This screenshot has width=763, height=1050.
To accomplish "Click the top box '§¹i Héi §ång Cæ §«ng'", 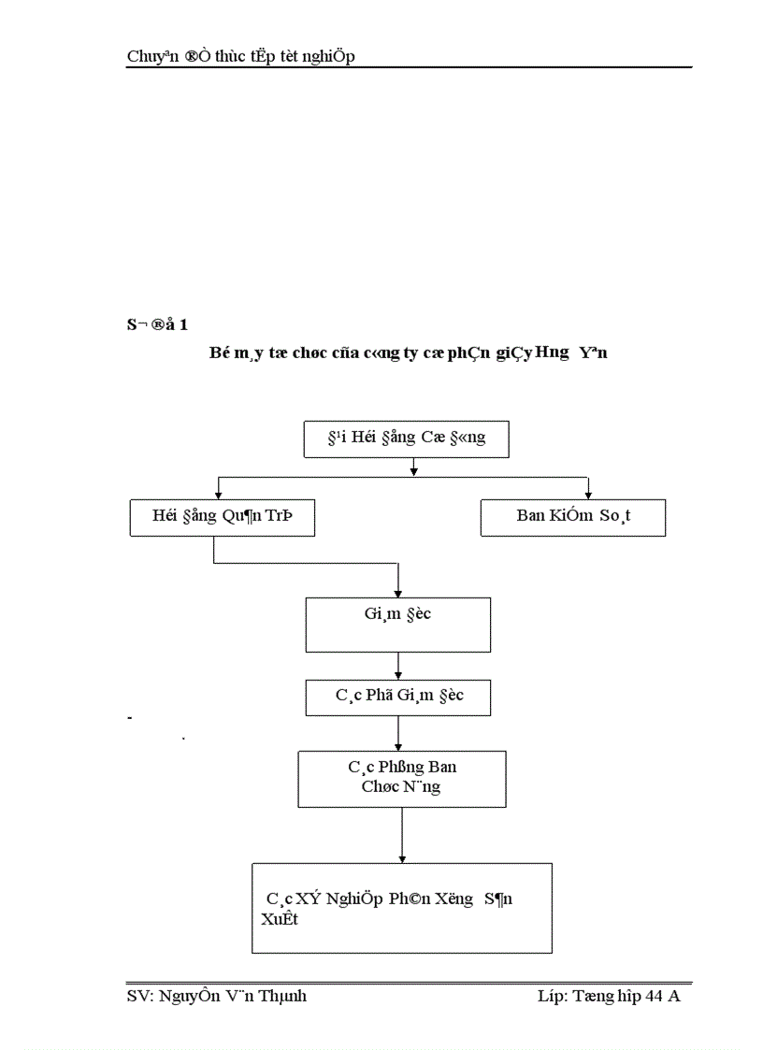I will coord(407,439).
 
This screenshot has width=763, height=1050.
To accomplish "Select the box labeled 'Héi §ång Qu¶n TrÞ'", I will coord(222,517).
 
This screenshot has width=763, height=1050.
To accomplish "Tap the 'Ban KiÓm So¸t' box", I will coord(572,517).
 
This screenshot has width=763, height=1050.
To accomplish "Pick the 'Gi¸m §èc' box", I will coord(398,625).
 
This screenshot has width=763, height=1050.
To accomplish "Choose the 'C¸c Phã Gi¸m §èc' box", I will coord(398,698).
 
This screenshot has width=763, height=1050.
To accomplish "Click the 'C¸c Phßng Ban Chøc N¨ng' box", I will coord(402,778).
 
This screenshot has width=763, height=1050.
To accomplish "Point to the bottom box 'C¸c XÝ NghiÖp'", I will coord(402,908).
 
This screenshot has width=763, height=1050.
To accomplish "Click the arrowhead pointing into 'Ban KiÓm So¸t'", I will coord(588,495).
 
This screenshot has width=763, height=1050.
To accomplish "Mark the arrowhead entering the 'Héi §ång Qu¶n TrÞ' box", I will coord(218,495).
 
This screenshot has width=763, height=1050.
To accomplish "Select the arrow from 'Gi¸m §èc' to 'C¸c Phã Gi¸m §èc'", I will coord(398,666).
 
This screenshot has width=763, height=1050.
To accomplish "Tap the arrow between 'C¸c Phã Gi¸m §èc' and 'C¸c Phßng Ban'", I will coord(398,732).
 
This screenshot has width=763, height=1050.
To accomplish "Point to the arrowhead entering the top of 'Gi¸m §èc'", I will coord(398,592).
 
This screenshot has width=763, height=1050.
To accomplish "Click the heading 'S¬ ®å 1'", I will coord(157,325).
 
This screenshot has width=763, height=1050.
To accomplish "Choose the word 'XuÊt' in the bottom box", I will coord(280,918).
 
